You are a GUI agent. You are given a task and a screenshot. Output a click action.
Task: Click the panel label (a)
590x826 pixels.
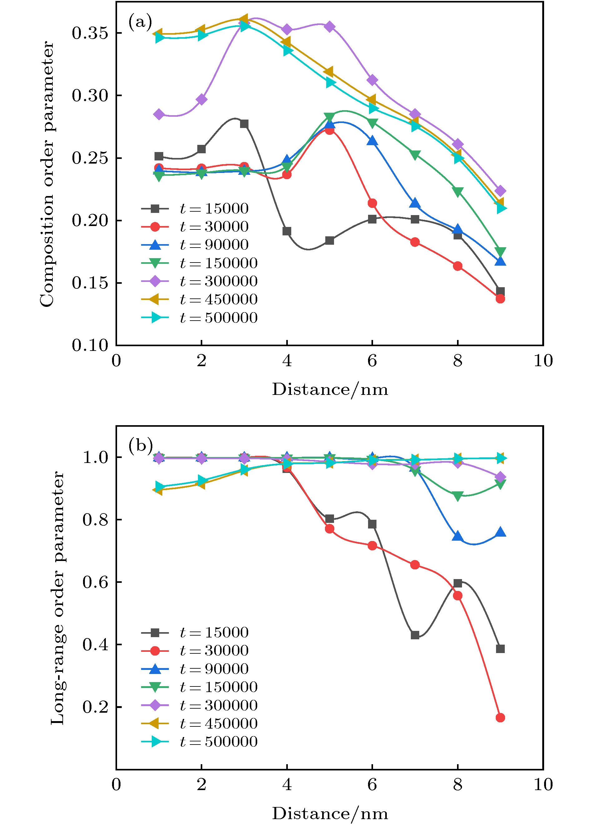140,22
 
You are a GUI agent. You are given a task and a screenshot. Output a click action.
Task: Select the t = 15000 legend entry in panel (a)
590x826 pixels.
195,209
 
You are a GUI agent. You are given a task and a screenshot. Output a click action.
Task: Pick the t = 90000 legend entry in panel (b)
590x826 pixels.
195,669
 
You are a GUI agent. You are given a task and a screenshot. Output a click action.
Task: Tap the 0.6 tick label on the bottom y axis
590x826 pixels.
95,582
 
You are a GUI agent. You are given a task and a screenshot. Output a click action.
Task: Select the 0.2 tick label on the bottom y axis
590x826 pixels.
95,706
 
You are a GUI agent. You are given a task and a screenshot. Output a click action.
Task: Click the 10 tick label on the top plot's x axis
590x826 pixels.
543,361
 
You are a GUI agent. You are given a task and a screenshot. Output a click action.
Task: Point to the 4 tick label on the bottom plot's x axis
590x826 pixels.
287,784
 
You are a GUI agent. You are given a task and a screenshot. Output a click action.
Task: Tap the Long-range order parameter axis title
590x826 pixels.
57,597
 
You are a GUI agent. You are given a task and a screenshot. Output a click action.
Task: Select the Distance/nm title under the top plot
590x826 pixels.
330,389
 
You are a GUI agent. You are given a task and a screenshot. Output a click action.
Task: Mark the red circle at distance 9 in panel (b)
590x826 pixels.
500,717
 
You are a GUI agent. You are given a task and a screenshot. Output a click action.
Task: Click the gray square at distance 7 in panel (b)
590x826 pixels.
415,635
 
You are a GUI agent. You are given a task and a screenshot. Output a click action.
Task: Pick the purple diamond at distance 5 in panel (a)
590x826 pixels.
330,27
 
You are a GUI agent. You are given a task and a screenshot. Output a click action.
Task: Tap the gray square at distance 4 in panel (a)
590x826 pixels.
287,231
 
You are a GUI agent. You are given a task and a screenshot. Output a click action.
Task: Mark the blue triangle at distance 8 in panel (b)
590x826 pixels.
457,536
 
